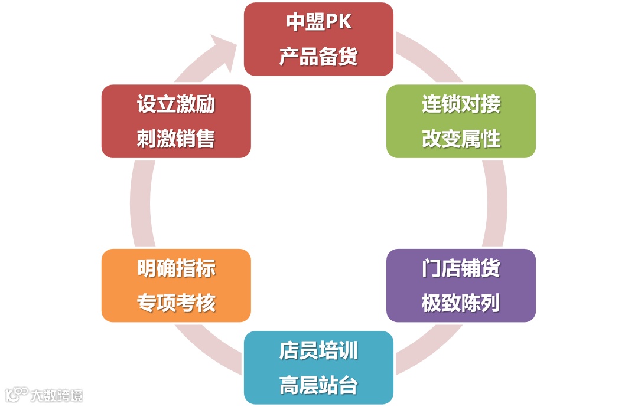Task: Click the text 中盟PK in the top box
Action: [x=318, y=22]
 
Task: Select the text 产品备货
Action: [x=318, y=57]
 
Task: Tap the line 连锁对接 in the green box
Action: [x=461, y=104]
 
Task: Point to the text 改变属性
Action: [x=461, y=139]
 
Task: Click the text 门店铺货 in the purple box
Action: [x=461, y=268]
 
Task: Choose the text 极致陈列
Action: [x=461, y=303]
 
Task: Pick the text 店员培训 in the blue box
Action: [x=318, y=351]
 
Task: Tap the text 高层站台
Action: [x=318, y=386]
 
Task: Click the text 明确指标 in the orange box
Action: [x=176, y=268]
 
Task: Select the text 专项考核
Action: [x=176, y=303]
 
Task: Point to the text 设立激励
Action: [x=176, y=104]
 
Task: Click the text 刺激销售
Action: [x=176, y=139]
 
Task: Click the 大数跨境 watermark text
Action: [x=57, y=395]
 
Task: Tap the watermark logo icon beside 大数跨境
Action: [x=17, y=394]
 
